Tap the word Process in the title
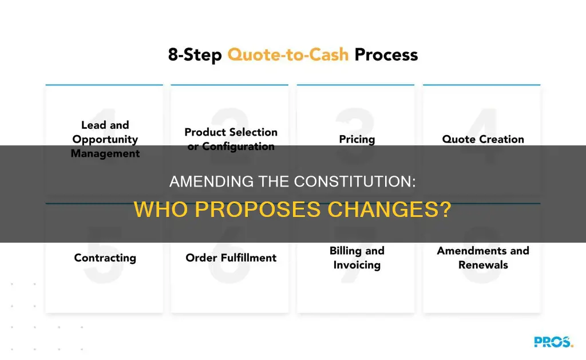click(386, 56)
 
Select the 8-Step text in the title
click(195, 56)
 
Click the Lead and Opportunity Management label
click(105, 139)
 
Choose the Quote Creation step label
click(482, 139)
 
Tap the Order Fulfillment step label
click(231, 258)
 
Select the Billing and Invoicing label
click(357, 258)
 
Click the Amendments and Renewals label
click(483, 258)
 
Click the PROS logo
click(553, 342)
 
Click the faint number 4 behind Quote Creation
click(482, 123)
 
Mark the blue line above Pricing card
click(356, 85)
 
